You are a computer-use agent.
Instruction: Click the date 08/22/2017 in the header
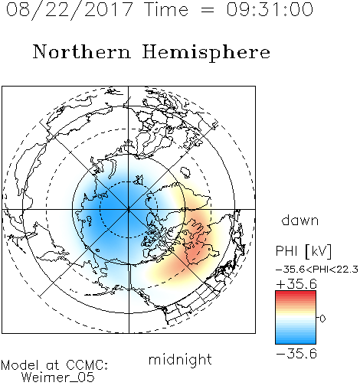point(70,10)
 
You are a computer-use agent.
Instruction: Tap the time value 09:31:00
point(270,9)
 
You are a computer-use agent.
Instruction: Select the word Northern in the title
point(82,51)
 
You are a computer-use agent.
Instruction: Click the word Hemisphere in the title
point(206,53)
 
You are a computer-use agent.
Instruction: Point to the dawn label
point(300,221)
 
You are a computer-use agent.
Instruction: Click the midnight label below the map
point(180,359)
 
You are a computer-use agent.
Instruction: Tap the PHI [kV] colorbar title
point(304,251)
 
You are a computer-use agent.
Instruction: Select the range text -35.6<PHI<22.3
point(317,270)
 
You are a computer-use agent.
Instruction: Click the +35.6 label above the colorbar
point(296,284)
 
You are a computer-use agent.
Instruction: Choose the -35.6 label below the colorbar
point(296,354)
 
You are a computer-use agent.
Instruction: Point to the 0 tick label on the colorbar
point(322,319)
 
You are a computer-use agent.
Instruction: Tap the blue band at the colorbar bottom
point(296,340)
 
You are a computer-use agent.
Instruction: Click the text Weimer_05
point(58,378)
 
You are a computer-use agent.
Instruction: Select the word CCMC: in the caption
point(87,365)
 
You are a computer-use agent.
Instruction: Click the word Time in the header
point(166,9)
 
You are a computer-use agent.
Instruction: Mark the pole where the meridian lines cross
point(129,209)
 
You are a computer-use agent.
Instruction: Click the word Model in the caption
point(20,365)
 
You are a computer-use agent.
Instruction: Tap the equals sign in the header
point(208,10)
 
